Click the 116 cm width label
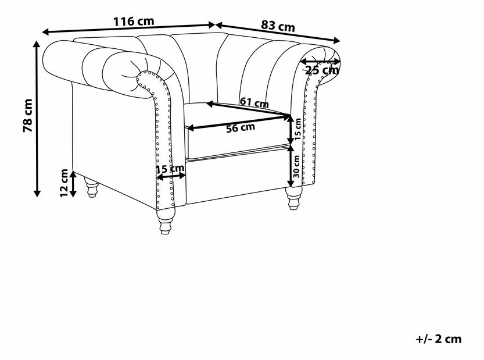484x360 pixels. tap(134, 22)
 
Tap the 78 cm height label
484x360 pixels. tap(28, 115)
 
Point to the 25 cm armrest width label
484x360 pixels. tap(322, 70)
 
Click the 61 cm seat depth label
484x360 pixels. tap(254, 102)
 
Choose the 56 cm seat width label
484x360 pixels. tap(241, 127)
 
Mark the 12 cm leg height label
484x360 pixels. tap(64, 183)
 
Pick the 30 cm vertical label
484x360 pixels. tap(296, 166)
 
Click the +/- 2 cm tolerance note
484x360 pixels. tap(438, 339)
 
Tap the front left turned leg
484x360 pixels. tap(165, 220)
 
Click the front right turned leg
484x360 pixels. tap(293, 198)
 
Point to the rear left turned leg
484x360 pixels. tap(92, 187)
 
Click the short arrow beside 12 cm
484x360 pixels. tap(73, 184)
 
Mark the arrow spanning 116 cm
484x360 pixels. tap(128, 28)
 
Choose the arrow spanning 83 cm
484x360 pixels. tap(278, 33)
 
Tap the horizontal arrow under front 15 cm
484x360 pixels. tap(171, 176)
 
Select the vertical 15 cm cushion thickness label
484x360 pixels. tap(297, 129)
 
